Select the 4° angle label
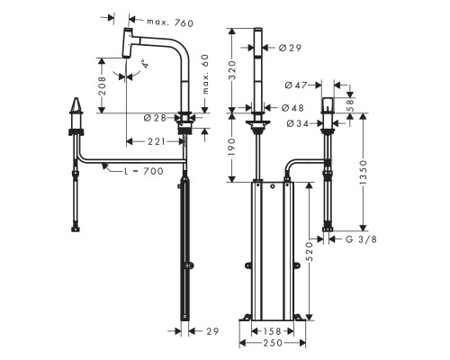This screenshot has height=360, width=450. pos(143,63)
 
